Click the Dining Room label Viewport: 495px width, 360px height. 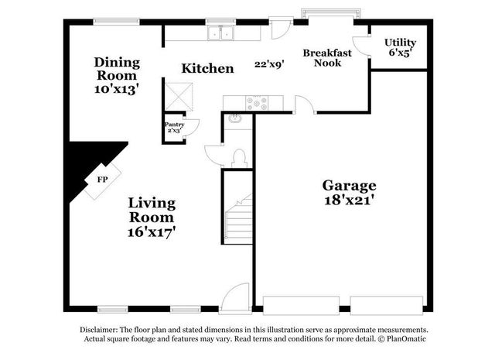(x=116, y=69)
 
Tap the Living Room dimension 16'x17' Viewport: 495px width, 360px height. (x=152, y=230)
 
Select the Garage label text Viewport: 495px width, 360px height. (x=349, y=186)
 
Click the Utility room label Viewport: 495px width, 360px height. (x=401, y=43)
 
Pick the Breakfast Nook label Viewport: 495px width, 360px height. (x=327, y=58)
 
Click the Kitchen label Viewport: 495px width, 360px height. (x=207, y=69)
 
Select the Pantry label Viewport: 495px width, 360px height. (x=174, y=124)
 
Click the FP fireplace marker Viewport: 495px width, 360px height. (x=102, y=180)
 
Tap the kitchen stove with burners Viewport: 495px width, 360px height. (x=257, y=102)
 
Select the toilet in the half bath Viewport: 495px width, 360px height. (x=239, y=157)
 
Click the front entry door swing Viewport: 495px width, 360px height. (x=235, y=297)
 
